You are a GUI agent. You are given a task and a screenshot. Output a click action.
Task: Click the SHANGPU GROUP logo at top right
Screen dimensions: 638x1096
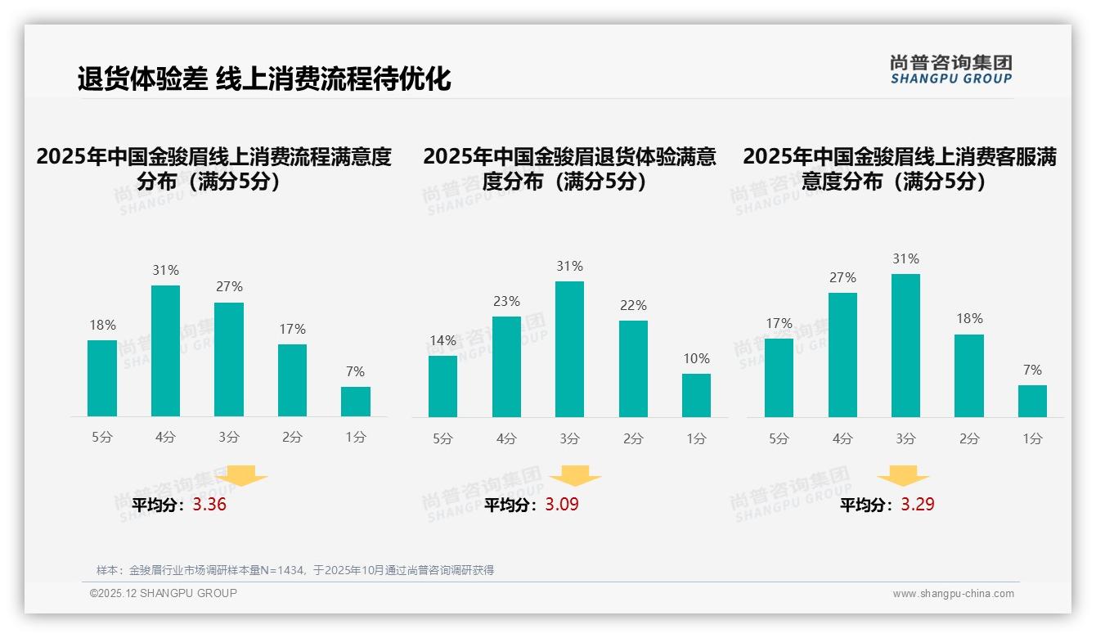pyautogui.click(x=950, y=70)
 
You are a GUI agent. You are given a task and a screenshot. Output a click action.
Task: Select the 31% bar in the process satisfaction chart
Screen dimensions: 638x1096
pyautogui.click(x=165, y=351)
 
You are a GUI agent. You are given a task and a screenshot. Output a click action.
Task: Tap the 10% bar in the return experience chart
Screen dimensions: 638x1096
pyautogui.click(x=696, y=396)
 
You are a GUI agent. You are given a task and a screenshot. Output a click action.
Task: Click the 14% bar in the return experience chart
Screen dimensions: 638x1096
pyautogui.click(x=442, y=386)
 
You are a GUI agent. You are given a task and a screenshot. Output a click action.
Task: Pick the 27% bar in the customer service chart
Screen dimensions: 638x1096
pyautogui.click(x=842, y=355)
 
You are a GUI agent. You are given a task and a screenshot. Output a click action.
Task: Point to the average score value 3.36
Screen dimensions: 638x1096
pyautogui.click(x=209, y=505)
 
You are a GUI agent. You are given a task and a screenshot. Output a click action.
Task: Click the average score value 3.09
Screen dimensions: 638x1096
pyautogui.click(x=562, y=505)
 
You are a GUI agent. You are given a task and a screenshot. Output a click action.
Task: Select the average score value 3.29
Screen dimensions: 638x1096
pyautogui.click(x=918, y=505)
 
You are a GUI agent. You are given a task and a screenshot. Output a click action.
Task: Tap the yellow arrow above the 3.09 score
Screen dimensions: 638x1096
pyautogui.click(x=575, y=477)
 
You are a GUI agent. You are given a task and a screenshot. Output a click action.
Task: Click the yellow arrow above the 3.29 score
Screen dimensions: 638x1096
pyautogui.click(x=903, y=477)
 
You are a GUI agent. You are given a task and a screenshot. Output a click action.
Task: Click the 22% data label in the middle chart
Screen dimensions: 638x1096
pyautogui.click(x=633, y=305)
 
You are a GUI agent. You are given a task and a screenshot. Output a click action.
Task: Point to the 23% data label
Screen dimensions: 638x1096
pyautogui.click(x=506, y=301)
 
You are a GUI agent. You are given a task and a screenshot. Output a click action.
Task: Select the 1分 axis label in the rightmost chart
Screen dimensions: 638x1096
pyautogui.click(x=1032, y=438)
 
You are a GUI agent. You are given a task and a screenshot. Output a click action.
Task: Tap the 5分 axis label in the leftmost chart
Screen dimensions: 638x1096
pyautogui.click(x=102, y=438)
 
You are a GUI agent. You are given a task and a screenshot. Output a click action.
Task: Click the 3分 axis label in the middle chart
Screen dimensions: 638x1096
pyautogui.click(x=569, y=438)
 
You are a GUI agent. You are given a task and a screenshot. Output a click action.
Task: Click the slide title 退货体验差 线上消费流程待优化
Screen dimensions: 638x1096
pyautogui.click(x=264, y=79)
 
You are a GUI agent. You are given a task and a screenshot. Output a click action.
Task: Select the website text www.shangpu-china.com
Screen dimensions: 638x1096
pyautogui.click(x=953, y=594)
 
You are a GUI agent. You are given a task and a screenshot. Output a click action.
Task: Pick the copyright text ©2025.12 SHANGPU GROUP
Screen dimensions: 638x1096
pyautogui.click(x=164, y=593)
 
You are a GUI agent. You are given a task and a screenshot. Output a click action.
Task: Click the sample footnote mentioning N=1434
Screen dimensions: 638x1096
pyautogui.click(x=295, y=570)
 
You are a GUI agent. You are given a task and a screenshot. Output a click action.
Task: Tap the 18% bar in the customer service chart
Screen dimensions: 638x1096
pyautogui.click(x=969, y=375)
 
